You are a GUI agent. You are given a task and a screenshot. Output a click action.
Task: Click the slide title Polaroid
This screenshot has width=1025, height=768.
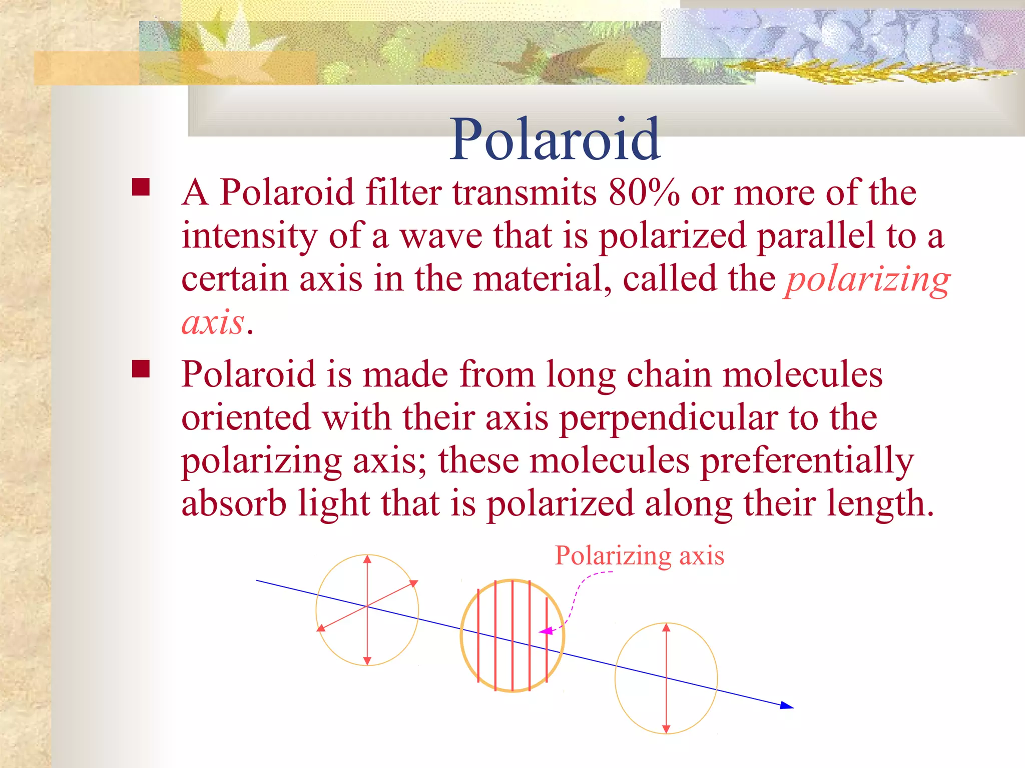coord(555,139)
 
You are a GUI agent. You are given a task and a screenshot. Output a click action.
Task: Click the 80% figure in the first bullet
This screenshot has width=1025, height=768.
coord(643,192)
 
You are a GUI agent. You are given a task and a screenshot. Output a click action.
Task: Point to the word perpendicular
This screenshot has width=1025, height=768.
coord(668,418)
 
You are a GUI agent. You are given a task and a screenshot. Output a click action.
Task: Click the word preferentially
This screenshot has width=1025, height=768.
coord(807,461)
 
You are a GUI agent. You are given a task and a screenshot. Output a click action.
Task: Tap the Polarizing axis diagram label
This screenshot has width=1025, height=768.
coord(639,555)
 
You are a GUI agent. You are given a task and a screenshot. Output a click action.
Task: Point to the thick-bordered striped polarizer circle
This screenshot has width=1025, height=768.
coord(512,636)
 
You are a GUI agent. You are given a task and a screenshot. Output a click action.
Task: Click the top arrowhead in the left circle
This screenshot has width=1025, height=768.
coord(367,559)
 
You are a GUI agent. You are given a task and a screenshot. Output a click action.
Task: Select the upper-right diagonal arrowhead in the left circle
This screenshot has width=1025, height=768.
coord(413,583)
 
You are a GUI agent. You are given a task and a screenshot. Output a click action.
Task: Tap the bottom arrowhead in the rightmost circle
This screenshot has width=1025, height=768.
coord(666,729)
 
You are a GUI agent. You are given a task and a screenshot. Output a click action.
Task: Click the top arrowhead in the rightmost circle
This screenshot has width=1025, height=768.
coord(666,627)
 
